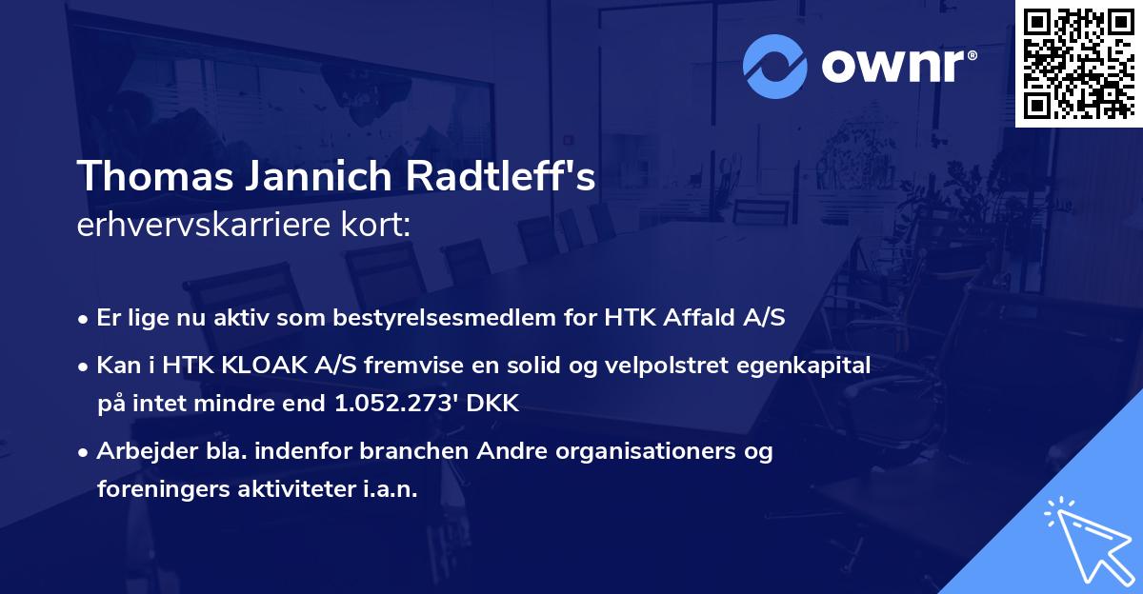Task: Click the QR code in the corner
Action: point(1078,63)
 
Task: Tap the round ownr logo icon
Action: point(773,67)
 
